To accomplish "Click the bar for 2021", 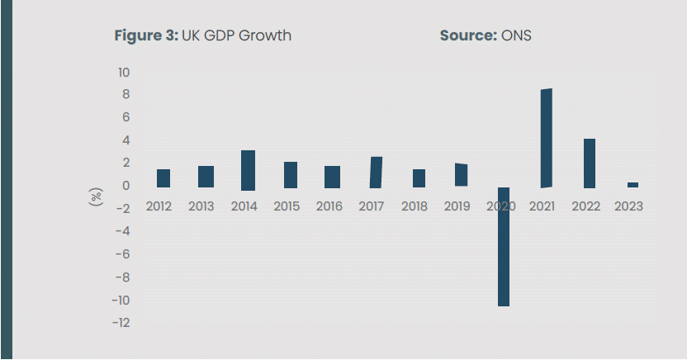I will pyautogui.click(x=546, y=138).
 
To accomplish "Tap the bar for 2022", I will pyautogui.click(x=590, y=163).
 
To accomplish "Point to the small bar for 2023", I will pyautogui.click(x=633, y=185).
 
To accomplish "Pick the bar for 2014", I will pyautogui.click(x=248, y=170).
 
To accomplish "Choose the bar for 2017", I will pyautogui.click(x=376, y=172).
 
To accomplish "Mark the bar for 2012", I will pyautogui.click(x=163, y=178).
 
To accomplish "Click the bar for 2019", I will pyautogui.click(x=461, y=174).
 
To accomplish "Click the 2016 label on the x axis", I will pyautogui.click(x=329, y=206).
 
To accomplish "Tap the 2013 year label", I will pyautogui.click(x=201, y=206).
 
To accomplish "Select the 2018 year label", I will pyautogui.click(x=415, y=206).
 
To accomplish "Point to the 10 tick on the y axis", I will pyautogui.click(x=123, y=73).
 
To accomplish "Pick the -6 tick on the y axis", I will pyautogui.click(x=121, y=254).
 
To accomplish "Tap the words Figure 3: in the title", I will pyautogui.click(x=145, y=36).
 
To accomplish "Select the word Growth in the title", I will pyautogui.click(x=267, y=36).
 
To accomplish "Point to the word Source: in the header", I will pyautogui.click(x=468, y=36).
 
